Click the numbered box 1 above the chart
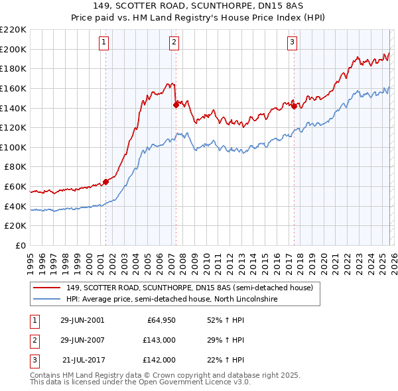(x=105, y=43)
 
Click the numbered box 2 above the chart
(x=174, y=43)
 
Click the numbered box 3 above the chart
(x=293, y=43)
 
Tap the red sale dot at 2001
(x=105, y=182)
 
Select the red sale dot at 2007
(x=176, y=104)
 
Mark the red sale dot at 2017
(x=294, y=105)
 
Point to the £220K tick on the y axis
(x=13, y=30)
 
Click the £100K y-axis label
(x=13, y=147)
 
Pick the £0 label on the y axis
(x=21, y=245)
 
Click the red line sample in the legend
(x=47, y=288)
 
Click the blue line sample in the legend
(x=47, y=300)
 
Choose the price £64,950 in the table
(x=161, y=320)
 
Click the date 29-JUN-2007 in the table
(x=82, y=340)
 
